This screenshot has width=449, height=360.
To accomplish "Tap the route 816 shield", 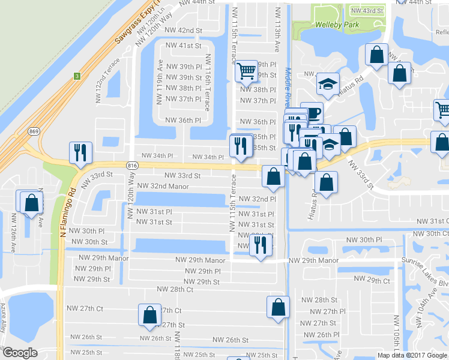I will [x=131, y=164].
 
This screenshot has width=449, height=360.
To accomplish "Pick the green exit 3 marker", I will [x=77, y=76].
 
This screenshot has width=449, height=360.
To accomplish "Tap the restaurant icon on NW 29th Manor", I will [x=260, y=244].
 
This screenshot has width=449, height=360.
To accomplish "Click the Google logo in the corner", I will [x=20, y=353].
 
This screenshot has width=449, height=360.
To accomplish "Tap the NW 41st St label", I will [x=184, y=46].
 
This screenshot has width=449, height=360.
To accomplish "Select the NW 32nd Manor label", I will [x=163, y=187].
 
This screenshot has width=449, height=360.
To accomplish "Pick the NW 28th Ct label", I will [x=175, y=289].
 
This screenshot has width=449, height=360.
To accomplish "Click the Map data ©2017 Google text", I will [x=412, y=355].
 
